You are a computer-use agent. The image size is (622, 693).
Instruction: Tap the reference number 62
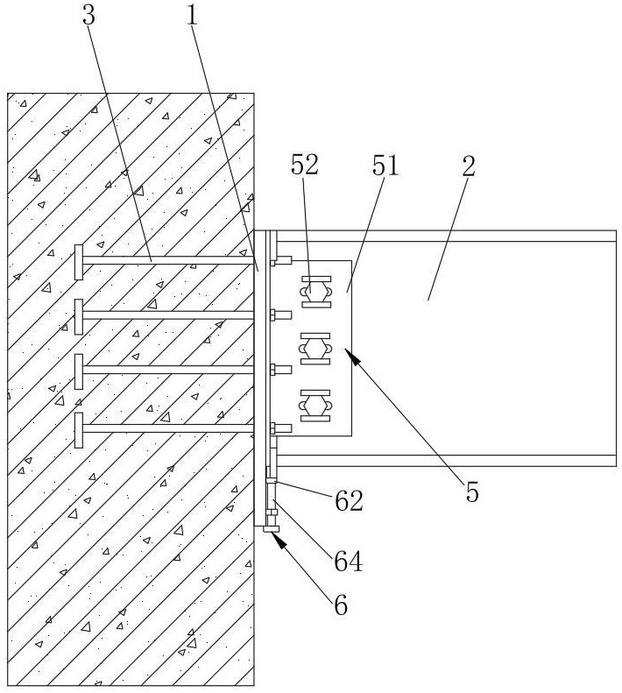tap(347, 501)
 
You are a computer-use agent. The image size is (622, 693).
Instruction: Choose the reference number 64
tap(347, 561)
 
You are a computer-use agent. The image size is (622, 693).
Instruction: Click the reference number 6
tap(337, 605)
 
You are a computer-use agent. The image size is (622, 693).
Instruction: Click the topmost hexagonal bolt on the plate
tap(315, 290)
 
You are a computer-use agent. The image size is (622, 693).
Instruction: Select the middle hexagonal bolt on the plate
tap(315, 349)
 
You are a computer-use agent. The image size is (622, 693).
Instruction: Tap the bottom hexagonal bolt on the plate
tap(315, 406)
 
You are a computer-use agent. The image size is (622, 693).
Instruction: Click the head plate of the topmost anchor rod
tap(79, 261)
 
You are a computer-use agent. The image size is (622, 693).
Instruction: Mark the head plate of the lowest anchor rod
tap(79, 428)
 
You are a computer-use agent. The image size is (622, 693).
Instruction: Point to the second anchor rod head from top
tap(79, 316)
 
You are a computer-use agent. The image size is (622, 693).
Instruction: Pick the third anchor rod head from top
tap(79, 371)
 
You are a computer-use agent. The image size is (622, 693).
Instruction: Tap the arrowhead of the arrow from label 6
tap(278, 537)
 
